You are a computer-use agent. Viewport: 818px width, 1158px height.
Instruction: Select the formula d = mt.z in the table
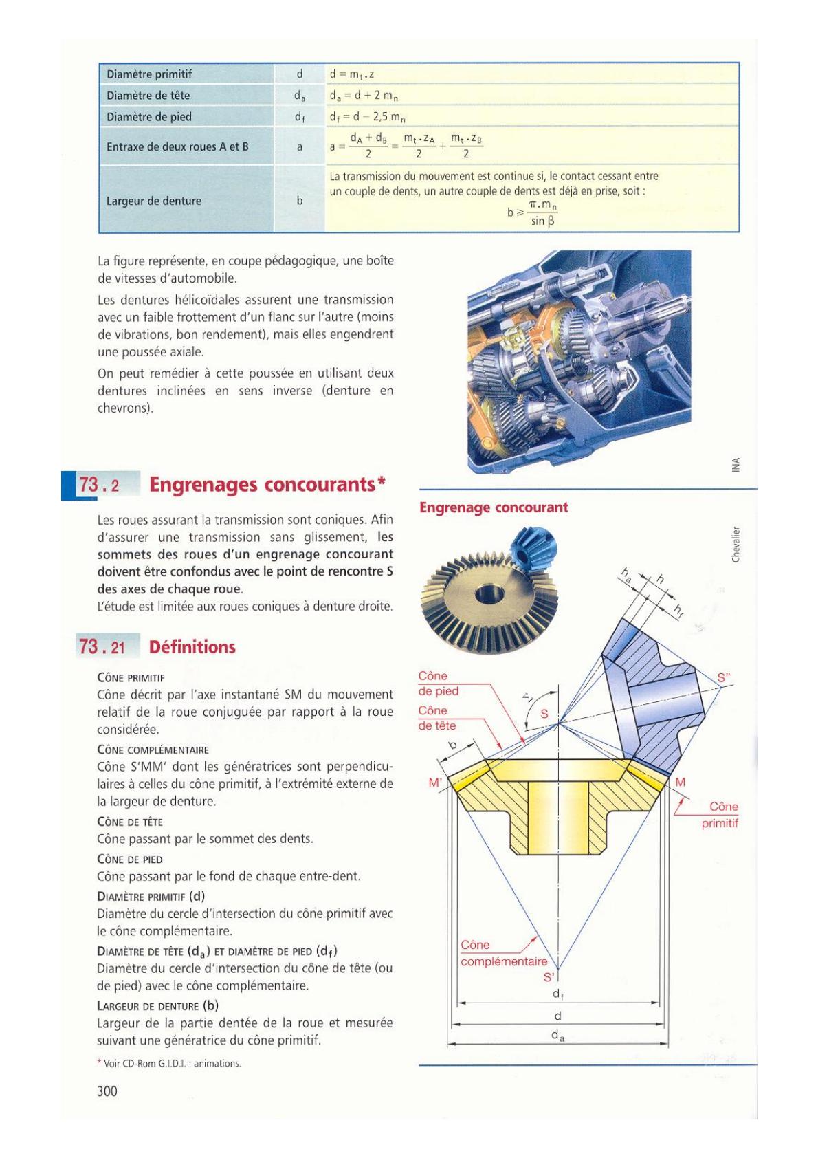(351, 74)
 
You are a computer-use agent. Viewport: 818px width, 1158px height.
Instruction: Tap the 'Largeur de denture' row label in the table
(153, 201)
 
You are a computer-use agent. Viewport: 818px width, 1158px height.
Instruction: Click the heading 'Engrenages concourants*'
(267, 485)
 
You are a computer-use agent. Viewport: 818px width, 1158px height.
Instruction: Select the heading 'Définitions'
(192, 646)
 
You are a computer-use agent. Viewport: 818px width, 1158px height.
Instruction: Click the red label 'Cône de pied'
(438, 684)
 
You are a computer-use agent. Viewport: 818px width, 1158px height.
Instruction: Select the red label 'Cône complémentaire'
(504, 954)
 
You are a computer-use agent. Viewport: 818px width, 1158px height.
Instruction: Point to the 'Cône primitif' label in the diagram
(720, 815)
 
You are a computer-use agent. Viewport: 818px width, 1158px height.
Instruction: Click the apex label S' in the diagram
(549, 977)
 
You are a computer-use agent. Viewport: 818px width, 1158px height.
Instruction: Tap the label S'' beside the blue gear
(724, 678)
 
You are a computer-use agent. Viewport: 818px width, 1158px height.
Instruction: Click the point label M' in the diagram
(435, 783)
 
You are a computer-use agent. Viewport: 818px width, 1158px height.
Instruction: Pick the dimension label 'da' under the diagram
(557, 1036)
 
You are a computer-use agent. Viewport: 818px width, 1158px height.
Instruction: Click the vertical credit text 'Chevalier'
(736, 545)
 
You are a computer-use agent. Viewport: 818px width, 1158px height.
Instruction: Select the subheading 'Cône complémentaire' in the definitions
(153, 750)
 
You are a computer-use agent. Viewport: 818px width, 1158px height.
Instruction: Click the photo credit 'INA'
(736, 465)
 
